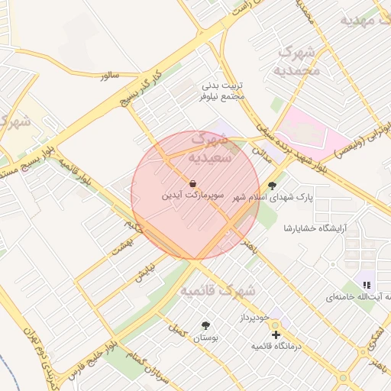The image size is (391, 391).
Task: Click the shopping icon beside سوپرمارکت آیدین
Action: (x=192, y=183)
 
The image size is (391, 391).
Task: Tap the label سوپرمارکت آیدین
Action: (x=192, y=195)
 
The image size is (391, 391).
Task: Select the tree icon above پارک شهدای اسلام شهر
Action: (x=272, y=185)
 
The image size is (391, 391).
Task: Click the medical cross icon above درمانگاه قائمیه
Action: (x=276, y=334)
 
